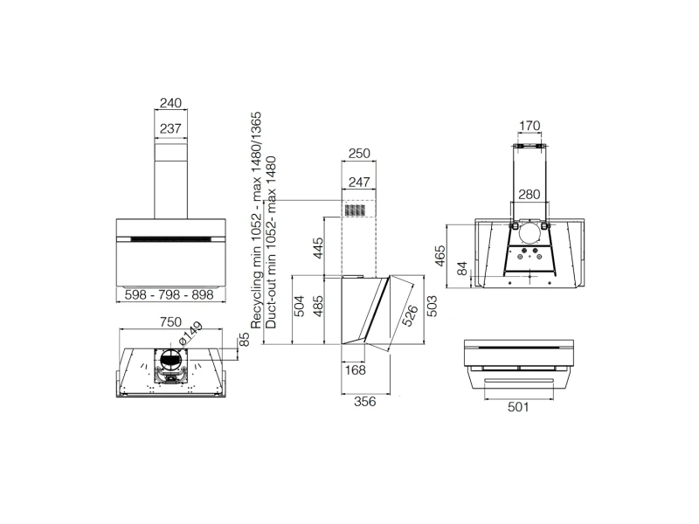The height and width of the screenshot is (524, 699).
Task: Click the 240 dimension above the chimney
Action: (170, 103)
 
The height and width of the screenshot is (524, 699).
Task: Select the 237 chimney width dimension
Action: (170, 128)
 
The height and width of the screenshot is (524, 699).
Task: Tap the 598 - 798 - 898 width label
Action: (170, 294)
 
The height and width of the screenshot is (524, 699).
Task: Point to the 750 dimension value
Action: (170, 321)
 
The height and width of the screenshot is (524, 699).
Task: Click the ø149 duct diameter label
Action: (190, 334)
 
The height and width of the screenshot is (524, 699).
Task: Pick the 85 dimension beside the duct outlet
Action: (245, 340)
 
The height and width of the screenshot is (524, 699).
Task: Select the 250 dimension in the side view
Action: (359, 154)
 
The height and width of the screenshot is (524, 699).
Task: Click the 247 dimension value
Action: (359, 182)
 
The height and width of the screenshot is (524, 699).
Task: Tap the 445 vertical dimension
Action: (318, 248)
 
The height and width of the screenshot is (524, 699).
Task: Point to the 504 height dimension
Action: (300, 307)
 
